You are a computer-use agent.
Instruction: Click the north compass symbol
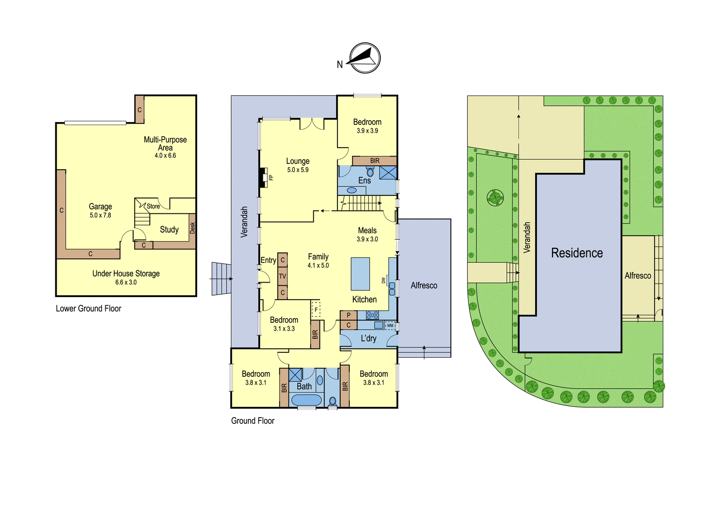point(365,58)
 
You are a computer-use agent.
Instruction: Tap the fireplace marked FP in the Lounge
point(263,177)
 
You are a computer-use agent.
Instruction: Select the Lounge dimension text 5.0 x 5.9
point(297,170)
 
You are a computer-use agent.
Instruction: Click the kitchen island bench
point(360,274)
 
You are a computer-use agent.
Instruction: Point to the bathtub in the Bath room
point(306,400)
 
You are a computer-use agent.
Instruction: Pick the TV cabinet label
point(283,276)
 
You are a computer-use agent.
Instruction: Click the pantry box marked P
point(348,315)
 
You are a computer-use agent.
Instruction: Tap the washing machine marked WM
point(390,325)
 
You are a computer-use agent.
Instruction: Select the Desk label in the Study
point(193,228)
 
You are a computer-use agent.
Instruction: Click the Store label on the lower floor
point(153,206)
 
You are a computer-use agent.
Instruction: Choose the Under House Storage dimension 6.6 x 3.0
point(126,282)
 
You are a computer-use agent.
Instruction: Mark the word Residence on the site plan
point(577,253)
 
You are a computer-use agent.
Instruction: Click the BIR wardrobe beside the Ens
point(374,161)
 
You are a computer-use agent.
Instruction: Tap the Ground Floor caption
point(252,421)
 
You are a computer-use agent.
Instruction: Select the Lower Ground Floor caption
point(88,309)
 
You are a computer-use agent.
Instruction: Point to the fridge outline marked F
point(316,310)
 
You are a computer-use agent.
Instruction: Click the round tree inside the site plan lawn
point(495,197)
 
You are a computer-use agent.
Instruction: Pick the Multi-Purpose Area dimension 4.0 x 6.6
point(165,156)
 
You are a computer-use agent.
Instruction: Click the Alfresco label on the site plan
point(638,275)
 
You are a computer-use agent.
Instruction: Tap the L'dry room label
point(369,338)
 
